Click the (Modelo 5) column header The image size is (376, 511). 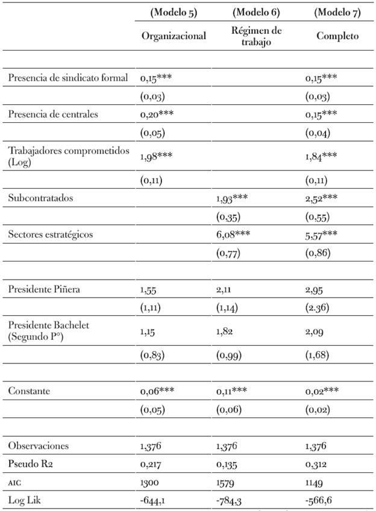(x=174, y=12)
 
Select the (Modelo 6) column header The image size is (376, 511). (x=256, y=12)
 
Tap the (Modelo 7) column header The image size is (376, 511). (x=337, y=12)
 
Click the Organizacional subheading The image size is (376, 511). (x=174, y=36)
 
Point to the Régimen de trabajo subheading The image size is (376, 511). (x=256, y=36)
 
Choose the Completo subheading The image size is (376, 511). (x=337, y=36)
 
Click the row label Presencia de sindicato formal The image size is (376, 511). (x=68, y=78)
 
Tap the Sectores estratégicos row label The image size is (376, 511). (x=51, y=234)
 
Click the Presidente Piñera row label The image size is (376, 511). (x=44, y=289)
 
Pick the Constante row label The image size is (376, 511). (x=29, y=391)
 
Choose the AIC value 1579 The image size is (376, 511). (x=225, y=481)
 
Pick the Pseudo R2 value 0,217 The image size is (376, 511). (x=151, y=463)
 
